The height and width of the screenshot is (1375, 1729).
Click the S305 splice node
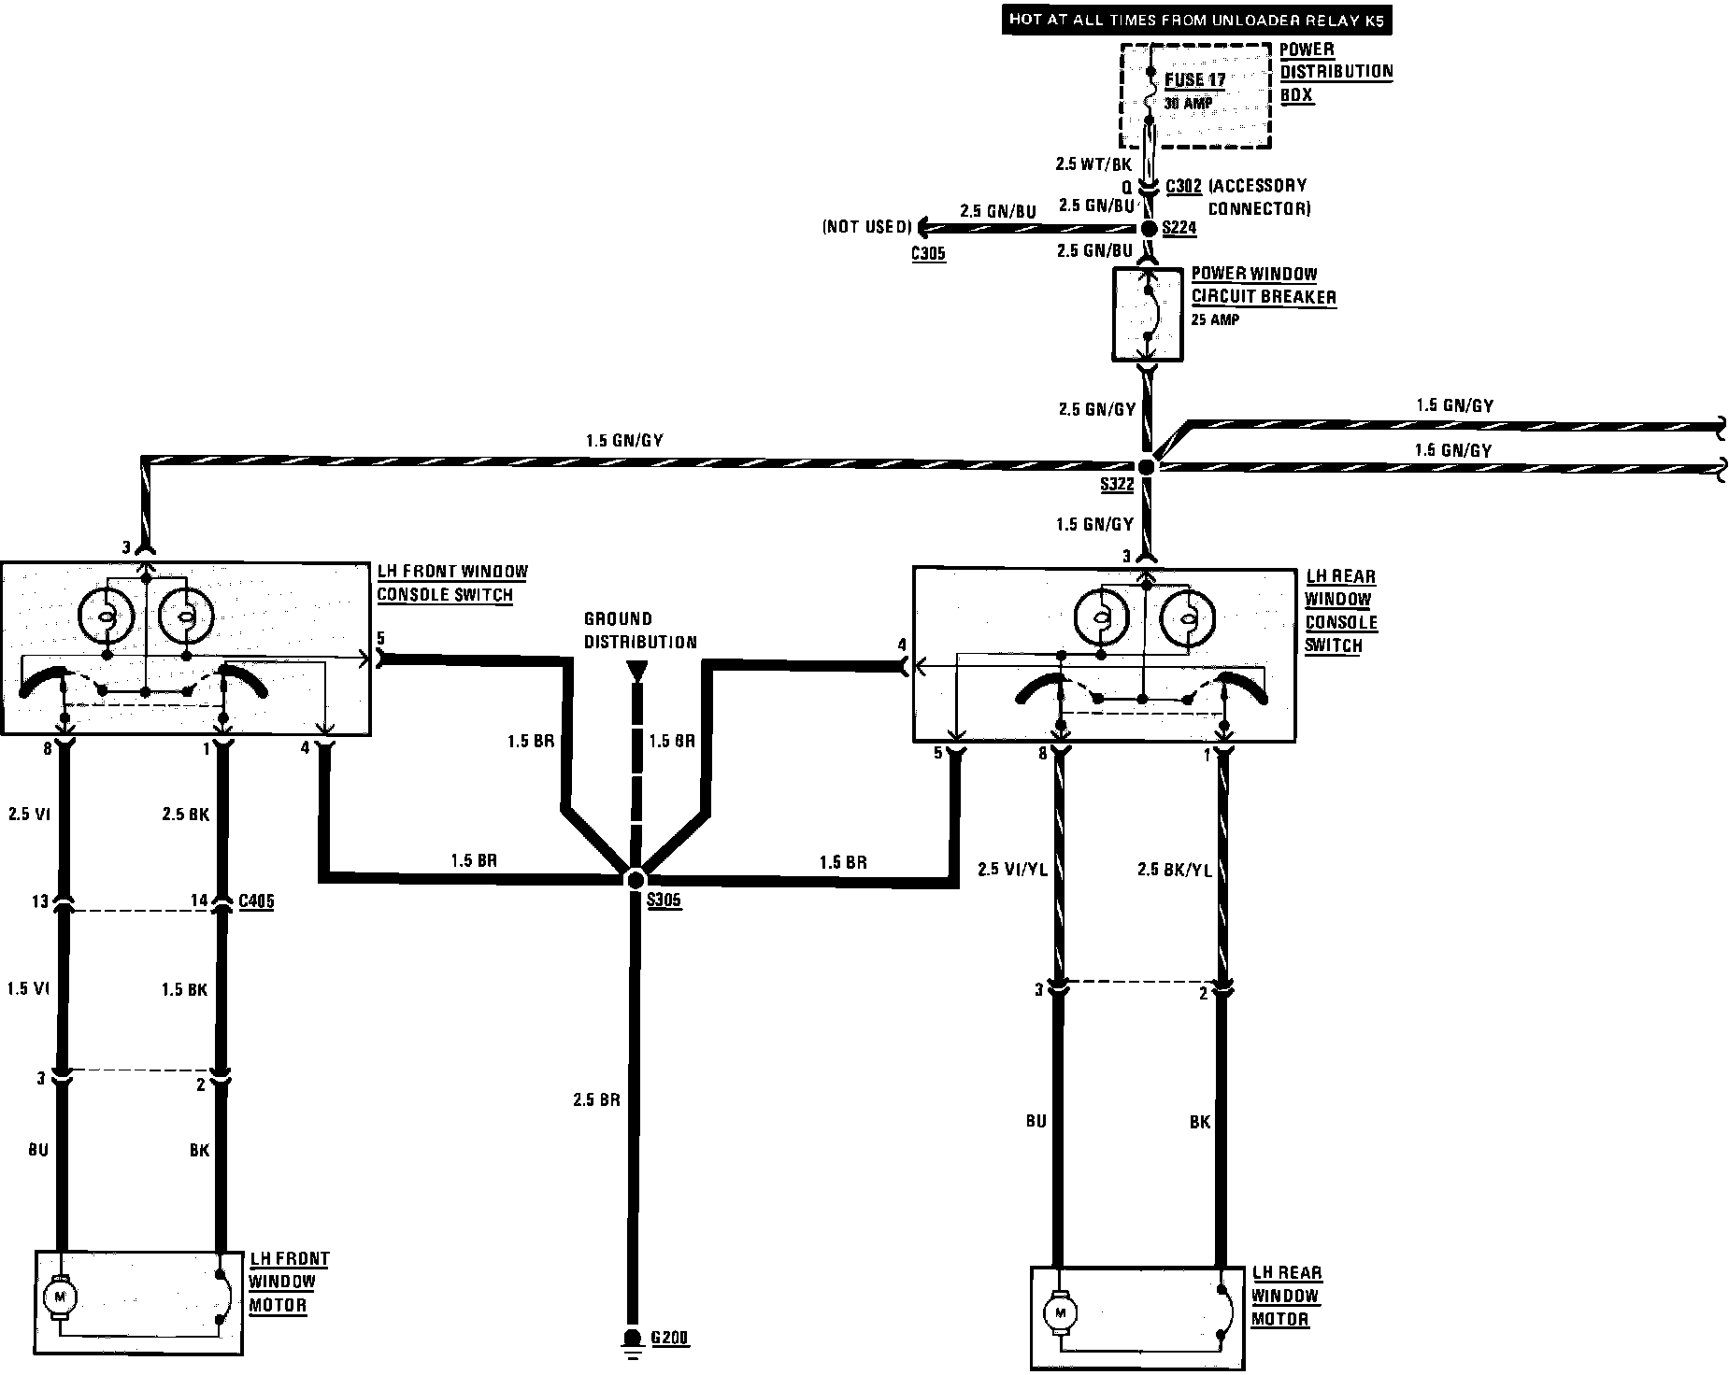point(636,879)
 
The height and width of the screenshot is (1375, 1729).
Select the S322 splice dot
point(1147,466)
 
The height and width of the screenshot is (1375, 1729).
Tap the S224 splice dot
point(1150,229)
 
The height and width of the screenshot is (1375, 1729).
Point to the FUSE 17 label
point(1194,80)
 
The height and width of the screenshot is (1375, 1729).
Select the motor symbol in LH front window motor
point(62,1297)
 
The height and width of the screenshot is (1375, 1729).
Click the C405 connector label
point(256,901)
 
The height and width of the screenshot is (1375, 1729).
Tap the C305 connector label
point(928,252)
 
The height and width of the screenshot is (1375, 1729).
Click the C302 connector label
point(1184,186)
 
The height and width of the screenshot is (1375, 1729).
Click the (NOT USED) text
point(866,227)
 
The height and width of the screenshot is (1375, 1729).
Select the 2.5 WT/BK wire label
point(1093,164)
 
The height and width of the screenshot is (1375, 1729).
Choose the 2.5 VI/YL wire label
point(1013,870)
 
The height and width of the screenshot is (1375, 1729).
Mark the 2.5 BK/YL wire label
point(1174,870)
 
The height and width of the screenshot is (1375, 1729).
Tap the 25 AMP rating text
point(1215,319)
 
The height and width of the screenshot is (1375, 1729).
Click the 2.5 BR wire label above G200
point(597,1099)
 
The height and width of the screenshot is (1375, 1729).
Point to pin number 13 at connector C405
point(40,901)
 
